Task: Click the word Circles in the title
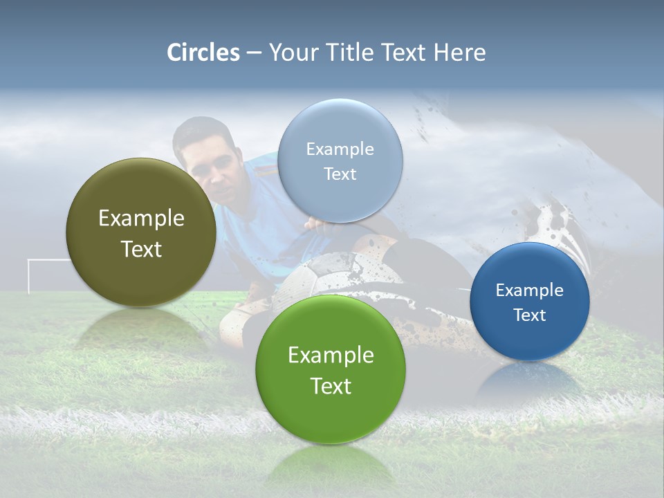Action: click(x=203, y=53)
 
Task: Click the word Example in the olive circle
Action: click(x=141, y=219)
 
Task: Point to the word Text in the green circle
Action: click(x=331, y=386)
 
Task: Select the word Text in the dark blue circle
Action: click(x=530, y=315)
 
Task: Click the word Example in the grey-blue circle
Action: click(x=340, y=149)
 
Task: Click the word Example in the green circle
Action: click(x=331, y=356)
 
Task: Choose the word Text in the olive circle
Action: click(x=141, y=249)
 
